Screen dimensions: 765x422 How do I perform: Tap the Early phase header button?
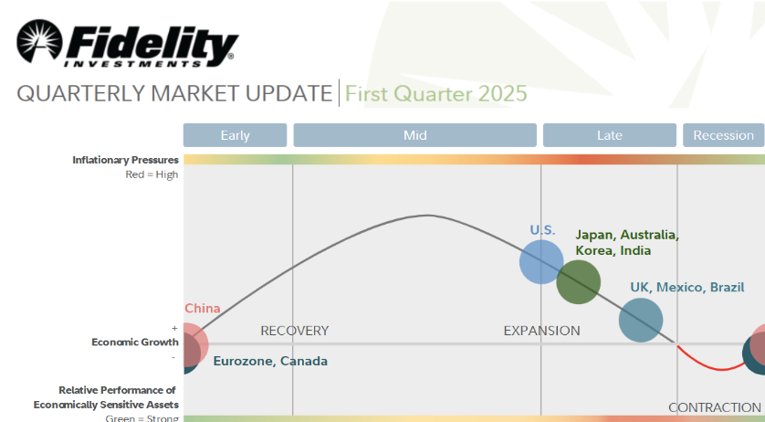(236, 135)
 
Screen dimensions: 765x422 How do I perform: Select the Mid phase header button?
(415, 135)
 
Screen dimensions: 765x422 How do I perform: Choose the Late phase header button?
(610, 135)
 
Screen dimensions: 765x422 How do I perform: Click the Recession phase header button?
(724, 135)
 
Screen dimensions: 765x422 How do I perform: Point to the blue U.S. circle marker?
(541, 262)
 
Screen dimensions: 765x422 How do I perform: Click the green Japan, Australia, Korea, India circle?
(579, 282)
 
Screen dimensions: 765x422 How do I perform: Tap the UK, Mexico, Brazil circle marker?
(641, 321)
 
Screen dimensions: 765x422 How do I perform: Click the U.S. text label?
(542, 230)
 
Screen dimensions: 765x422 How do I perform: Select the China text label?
(203, 308)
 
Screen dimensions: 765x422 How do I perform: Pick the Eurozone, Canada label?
(270, 361)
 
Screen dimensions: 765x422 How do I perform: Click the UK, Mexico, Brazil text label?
(687, 287)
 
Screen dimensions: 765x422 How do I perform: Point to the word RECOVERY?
(295, 331)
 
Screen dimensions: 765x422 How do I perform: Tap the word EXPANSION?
(542, 331)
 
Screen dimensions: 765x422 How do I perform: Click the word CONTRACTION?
(715, 407)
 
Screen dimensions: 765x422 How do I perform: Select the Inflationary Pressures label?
(125, 160)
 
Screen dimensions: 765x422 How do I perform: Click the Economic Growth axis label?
(135, 342)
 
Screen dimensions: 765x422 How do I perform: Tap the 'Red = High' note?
(152, 174)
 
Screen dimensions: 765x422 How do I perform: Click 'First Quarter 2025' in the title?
(436, 93)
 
